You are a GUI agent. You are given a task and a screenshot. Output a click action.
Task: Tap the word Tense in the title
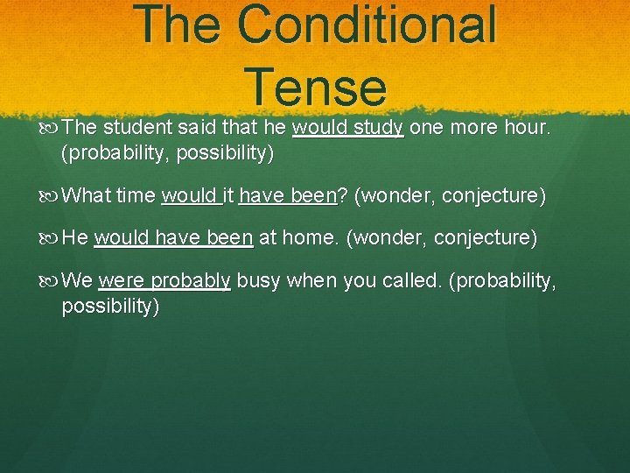tap(316, 87)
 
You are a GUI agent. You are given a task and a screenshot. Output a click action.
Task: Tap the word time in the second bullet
tap(135, 195)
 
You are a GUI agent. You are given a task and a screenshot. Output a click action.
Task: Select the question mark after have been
tap(342, 195)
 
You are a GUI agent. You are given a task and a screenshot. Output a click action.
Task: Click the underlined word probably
tap(191, 281)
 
